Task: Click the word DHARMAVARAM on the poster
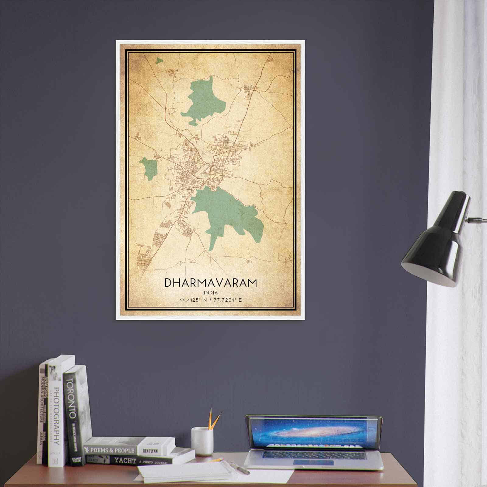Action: coord(211,283)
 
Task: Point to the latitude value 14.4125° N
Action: coord(193,300)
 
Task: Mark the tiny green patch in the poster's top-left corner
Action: coord(159,61)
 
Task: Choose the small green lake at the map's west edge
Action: coord(149,168)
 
